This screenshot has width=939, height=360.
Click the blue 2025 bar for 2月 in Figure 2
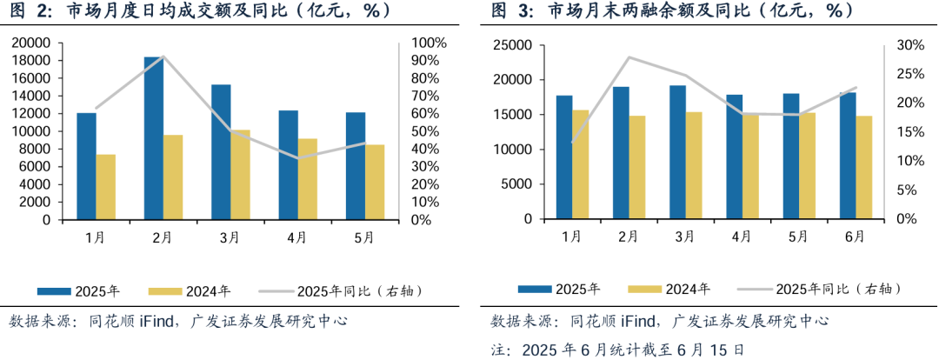[154, 138]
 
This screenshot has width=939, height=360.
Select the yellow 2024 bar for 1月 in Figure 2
[106, 187]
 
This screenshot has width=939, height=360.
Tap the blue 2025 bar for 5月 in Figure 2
[356, 166]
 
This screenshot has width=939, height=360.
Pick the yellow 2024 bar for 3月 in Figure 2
[241, 175]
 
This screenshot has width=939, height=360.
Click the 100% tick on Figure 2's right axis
[429, 43]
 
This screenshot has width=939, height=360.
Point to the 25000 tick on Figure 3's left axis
[509, 44]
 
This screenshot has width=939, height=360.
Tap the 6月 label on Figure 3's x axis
[855, 237]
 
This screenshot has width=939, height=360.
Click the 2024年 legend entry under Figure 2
[190, 291]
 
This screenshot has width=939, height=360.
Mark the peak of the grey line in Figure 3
[629, 57]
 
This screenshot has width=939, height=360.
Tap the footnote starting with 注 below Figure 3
[617, 350]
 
